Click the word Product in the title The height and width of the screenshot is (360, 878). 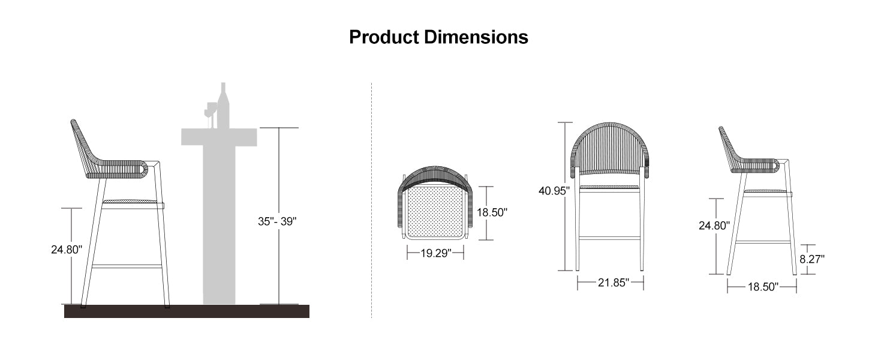(x=384, y=37)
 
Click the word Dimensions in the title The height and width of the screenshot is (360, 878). (x=476, y=37)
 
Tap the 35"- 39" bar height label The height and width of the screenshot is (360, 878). (x=277, y=221)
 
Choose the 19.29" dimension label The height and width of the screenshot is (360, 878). (x=435, y=254)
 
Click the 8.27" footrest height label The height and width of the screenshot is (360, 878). (x=812, y=259)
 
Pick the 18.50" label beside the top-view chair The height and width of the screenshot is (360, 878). (x=492, y=212)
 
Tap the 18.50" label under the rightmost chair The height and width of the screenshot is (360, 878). (x=762, y=288)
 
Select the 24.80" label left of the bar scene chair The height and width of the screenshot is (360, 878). (x=66, y=249)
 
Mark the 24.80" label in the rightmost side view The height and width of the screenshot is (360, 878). (x=714, y=226)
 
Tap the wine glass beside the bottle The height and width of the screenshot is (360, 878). (x=211, y=112)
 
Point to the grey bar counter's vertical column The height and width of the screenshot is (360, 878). (x=219, y=228)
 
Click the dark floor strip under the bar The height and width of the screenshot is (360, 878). (x=186, y=311)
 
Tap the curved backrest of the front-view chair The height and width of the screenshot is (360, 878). (x=611, y=147)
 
